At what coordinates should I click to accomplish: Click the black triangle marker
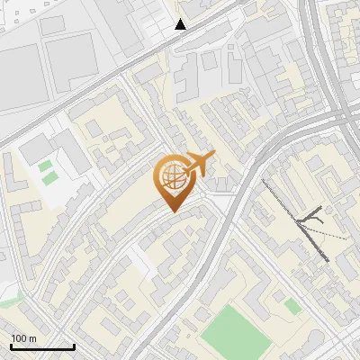click(x=181, y=24)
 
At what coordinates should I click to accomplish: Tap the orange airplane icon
click(x=198, y=165)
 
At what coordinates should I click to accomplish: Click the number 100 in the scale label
click(x=18, y=338)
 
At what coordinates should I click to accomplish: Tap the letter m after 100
click(x=32, y=338)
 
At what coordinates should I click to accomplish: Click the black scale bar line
click(x=42, y=346)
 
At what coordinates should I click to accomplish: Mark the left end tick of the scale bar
click(x=11, y=345)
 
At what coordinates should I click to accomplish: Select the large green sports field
click(x=236, y=331)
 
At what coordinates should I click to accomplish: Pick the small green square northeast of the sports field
click(x=292, y=307)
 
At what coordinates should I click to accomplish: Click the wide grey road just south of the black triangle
click(x=171, y=43)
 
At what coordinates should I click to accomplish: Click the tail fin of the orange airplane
click(x=212, y=156)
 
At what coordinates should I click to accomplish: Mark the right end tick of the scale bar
click(x=74, y=345)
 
